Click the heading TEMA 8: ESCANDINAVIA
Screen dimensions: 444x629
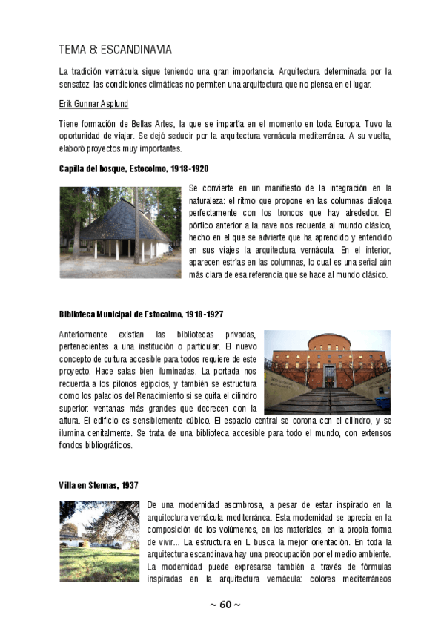pyautogui.click(x=115, y=50)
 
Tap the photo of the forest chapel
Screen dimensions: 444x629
pyautogui.click(x=120, y=231)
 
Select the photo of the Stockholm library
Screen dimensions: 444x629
pyautogui.click(x=327, y=372)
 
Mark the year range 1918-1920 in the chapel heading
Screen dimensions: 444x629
pyautogui.click(x=188, y=169)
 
